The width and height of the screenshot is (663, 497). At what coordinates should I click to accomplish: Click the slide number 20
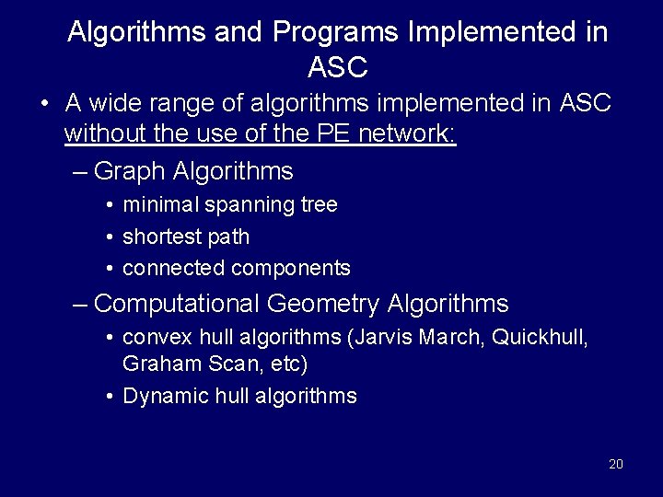click(616, 463)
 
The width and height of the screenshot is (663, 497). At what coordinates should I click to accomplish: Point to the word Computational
click(177, 304)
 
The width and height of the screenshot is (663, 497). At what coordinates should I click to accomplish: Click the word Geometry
click(327, 304)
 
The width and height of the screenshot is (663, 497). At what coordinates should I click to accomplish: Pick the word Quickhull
click(540, 337)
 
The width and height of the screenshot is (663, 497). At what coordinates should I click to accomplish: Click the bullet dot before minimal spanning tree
click(110, 205)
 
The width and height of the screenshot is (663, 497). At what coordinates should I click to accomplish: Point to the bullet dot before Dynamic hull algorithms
click(110, 397)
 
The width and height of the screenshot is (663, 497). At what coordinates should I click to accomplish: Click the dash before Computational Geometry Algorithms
click(81, 304)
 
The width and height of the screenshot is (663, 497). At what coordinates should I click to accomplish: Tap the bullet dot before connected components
click(110, 269)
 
